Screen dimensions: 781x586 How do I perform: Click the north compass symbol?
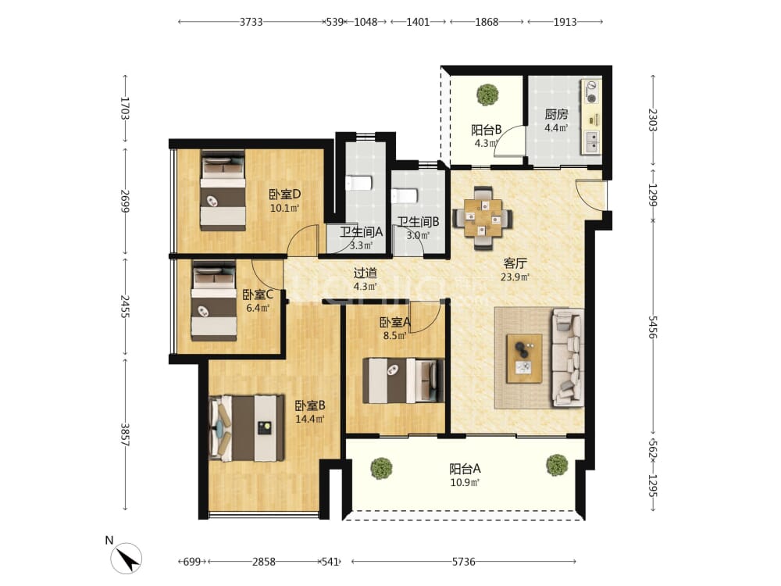click(126, 558)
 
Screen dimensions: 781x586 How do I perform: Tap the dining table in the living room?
click(482, 218)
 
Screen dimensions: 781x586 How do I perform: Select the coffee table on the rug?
click(524, 359)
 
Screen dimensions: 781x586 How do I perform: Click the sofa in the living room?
click(567, 357)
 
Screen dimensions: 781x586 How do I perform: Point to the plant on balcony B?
click(487, 95)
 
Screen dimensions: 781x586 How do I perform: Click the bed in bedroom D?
click(223, 190)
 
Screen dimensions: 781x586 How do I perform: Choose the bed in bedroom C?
click(214, 301)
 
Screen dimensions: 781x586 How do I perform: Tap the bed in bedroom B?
click(247, 428)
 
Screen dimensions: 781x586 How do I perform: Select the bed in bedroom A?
click(403, 381)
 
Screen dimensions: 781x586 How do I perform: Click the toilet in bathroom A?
click(358, 183)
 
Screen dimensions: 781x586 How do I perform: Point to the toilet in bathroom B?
click(404, 195)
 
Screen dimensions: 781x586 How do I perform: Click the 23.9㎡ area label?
click(515, 277)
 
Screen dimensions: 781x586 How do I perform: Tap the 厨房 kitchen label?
click(556, 114)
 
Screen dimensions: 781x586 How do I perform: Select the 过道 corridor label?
click(365, 273)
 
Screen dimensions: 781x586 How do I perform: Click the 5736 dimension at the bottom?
click(463, 562)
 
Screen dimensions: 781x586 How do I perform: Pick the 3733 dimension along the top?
click(251, 22)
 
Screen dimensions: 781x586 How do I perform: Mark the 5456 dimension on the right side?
click(652, 327)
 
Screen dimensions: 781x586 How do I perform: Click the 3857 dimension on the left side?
click(125, 434)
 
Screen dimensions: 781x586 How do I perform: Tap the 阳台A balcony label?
click(465, 469)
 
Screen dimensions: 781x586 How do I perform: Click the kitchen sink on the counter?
click(591, 142)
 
